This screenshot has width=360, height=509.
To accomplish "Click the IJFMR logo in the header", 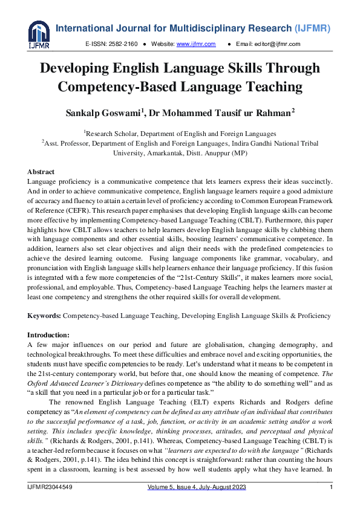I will click(x=39, y=34).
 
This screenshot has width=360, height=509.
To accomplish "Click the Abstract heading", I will click(x=41, y=172).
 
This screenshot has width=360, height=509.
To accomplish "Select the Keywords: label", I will click(x=44, y=316).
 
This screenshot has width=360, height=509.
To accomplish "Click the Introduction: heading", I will click(x=49, y=335).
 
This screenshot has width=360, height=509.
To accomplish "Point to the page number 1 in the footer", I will click(x=331, y=487).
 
